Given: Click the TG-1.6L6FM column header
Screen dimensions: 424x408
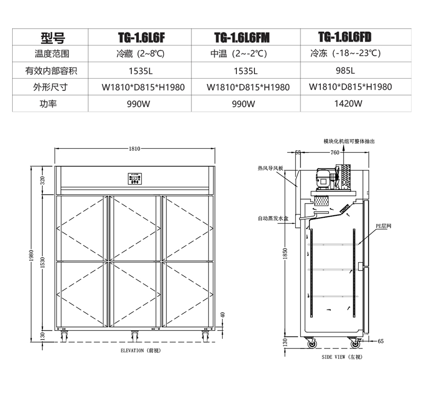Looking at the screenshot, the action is pos(242,38).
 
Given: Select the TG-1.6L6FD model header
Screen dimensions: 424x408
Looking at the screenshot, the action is pos(345,37).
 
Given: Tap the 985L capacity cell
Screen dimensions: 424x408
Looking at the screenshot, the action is pos(346,70).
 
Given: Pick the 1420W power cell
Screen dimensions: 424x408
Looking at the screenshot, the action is pos(348,103).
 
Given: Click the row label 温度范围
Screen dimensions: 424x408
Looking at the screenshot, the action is pos(52,54).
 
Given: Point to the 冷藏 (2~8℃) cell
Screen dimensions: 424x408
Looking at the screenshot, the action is pos(140,54).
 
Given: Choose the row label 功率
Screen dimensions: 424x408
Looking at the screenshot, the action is pos(48,103).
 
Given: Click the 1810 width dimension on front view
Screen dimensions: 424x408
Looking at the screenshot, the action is pos(135,148).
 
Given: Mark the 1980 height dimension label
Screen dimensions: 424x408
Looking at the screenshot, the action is pos(31,256).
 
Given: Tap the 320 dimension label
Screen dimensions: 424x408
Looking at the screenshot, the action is pos(43,180).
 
